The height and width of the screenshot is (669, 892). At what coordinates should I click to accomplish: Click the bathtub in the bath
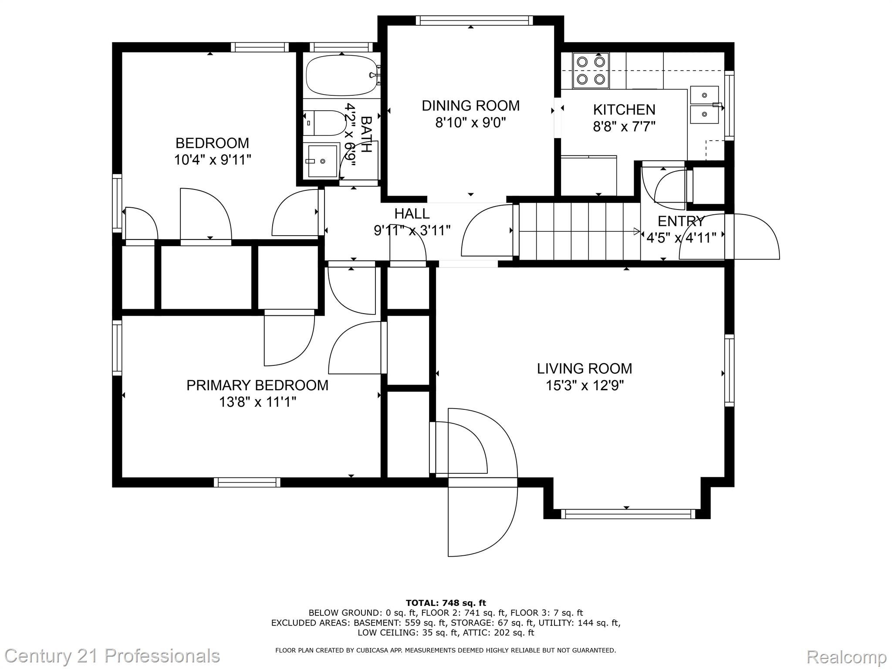(341, 75)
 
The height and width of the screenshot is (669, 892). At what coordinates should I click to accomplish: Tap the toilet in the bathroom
(327, 123)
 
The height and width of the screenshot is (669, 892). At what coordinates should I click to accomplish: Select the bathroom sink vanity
(322, 161)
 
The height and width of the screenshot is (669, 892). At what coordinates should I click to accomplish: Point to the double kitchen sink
(704, 105)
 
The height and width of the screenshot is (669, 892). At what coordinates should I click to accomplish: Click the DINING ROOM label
(470, 105)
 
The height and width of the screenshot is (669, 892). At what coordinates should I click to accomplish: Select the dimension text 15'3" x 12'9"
(585, 385)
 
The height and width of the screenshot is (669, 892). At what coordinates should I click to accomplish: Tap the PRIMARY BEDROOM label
(257, 385)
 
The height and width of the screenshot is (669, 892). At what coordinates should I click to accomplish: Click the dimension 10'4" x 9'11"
(213, 160)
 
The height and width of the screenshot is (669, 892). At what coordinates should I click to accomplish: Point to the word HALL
(412, 213)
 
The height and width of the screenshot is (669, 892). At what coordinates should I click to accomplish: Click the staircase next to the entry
(579, 231)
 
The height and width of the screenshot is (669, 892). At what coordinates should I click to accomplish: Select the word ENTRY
(681, 221)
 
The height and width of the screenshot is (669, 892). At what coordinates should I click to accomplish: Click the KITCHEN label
(624, 109)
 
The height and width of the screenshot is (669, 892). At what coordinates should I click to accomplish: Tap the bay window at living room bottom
(628, 514)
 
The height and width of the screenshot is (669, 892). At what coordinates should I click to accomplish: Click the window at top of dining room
(474, 20)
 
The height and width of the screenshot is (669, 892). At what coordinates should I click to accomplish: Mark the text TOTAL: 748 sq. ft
(446, 603)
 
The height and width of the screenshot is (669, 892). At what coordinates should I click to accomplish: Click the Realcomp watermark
(846, 657)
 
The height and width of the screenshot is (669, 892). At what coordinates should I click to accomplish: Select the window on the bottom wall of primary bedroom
(247, 482)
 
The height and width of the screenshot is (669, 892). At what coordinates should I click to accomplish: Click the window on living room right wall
(729, 370)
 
